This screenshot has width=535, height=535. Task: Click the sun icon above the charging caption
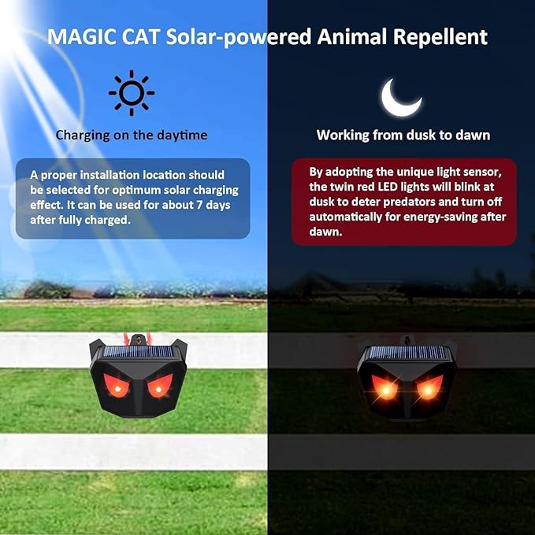(x=132, y=93)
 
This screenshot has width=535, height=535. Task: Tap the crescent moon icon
(x=402, y=96)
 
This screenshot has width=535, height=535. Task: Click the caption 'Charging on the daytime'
(x=132, y=135)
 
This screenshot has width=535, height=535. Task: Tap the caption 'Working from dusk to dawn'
(x=403, y=135)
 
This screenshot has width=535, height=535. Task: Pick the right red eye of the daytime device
(x=157, y=388)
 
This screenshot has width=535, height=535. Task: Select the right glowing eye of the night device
(x=426, y=388)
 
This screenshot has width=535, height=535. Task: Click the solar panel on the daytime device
(x=137, y=352)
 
